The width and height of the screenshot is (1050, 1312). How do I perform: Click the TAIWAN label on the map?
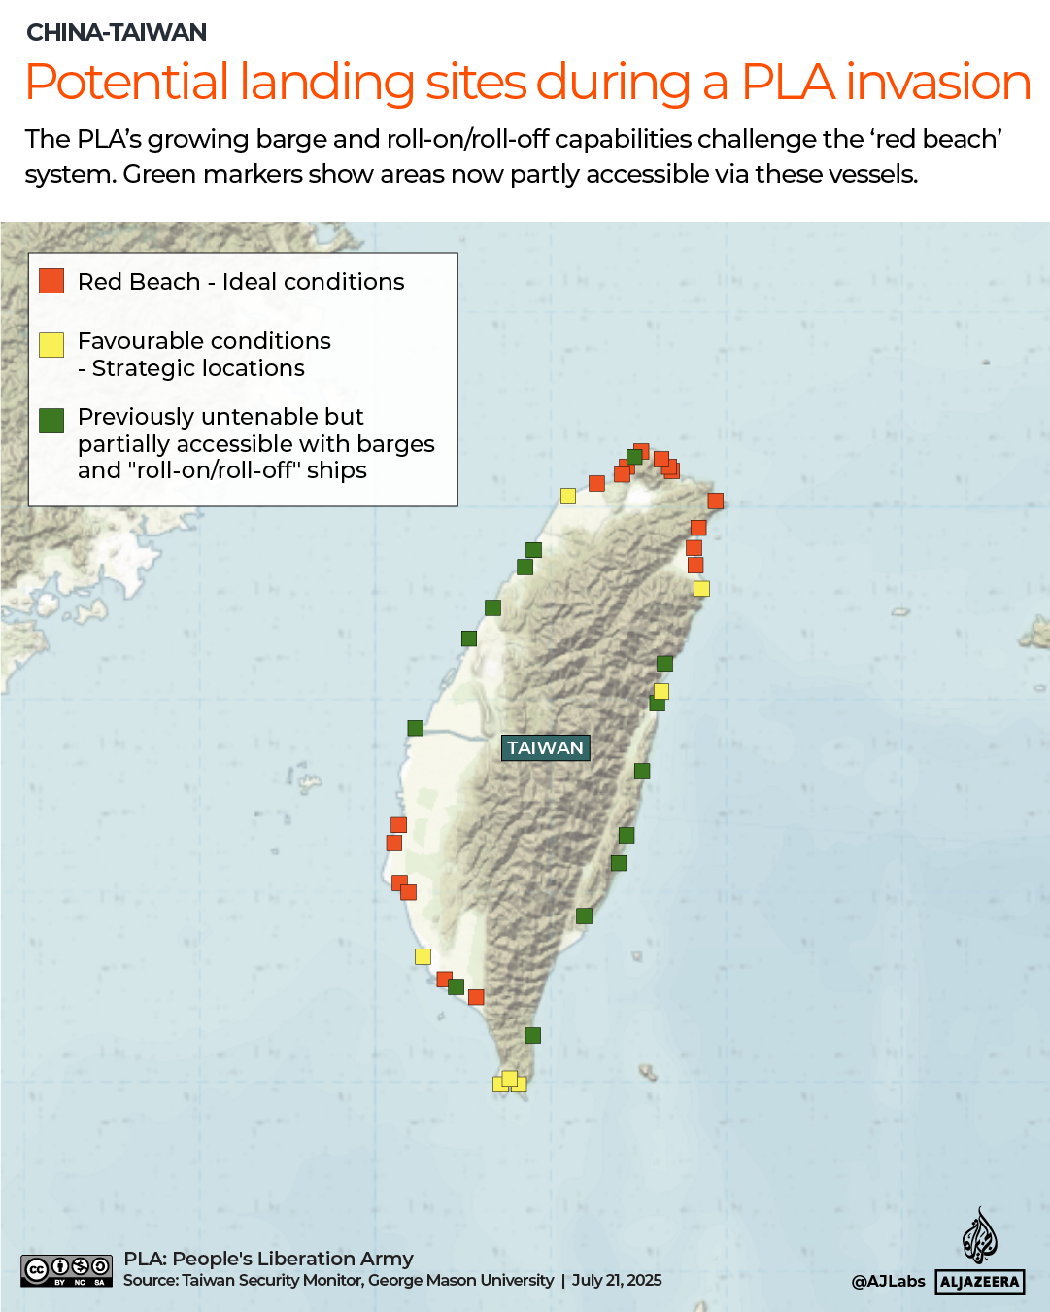545,747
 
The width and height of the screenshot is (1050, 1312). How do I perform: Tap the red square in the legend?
51,281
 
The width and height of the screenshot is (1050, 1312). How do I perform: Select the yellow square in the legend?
51,345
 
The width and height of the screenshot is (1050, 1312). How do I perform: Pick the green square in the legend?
51,420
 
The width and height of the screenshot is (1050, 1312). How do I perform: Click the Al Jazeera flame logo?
979,1235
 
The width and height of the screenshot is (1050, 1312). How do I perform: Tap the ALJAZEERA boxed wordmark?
980,1282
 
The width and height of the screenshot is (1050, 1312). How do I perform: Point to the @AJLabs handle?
888,1282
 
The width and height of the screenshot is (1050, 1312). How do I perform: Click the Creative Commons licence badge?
67,1270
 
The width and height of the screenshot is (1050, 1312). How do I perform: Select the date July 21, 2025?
617,1280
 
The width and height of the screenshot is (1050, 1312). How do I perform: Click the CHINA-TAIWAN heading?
117,32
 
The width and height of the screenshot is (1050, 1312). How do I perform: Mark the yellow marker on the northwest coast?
568,496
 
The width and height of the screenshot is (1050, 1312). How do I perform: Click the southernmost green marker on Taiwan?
532,1035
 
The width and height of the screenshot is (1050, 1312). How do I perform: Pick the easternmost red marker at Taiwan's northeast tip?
716,501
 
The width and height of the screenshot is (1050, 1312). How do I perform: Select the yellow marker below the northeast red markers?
701,588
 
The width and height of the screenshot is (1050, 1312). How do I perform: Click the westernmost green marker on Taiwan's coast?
415,728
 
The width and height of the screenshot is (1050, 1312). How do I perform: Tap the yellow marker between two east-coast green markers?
661,691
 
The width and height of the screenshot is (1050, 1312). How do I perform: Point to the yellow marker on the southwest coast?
423,956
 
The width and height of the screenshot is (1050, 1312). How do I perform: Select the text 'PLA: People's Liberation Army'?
268,1259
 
